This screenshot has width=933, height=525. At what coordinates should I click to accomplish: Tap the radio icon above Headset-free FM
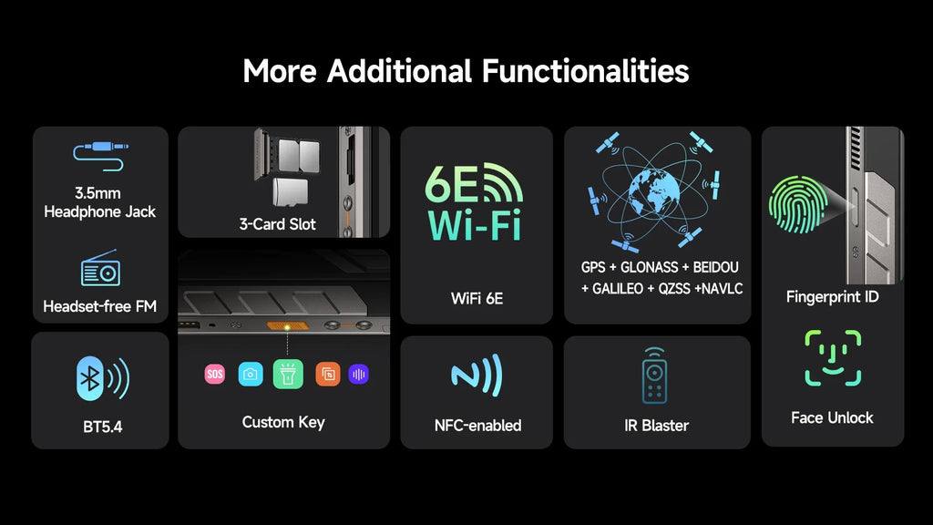[x=99, y=268]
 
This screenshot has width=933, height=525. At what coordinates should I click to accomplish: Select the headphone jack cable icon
[x=99, y=156]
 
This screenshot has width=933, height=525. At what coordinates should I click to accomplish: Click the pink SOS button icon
[x=214, y=374]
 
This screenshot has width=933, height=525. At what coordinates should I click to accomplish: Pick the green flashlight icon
[x=288, y=374]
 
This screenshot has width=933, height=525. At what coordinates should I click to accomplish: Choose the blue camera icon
[x=250, y=374]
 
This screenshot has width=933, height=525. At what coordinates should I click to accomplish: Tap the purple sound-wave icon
[x=358, y=374]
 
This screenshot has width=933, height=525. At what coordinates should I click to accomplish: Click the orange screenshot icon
[x=327, y=374]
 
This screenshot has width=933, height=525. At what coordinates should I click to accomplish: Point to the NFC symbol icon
[x=476, y=376]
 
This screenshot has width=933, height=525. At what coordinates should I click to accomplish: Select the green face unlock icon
[x=832, y=358]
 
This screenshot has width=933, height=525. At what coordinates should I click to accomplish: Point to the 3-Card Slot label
[x=277, y=224]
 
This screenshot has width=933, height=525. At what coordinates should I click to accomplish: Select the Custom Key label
[x=282, y=422]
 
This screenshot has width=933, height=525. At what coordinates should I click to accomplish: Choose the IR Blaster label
[x=650, y=426]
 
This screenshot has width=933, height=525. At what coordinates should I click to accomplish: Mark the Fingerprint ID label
[x=832, y=297]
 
